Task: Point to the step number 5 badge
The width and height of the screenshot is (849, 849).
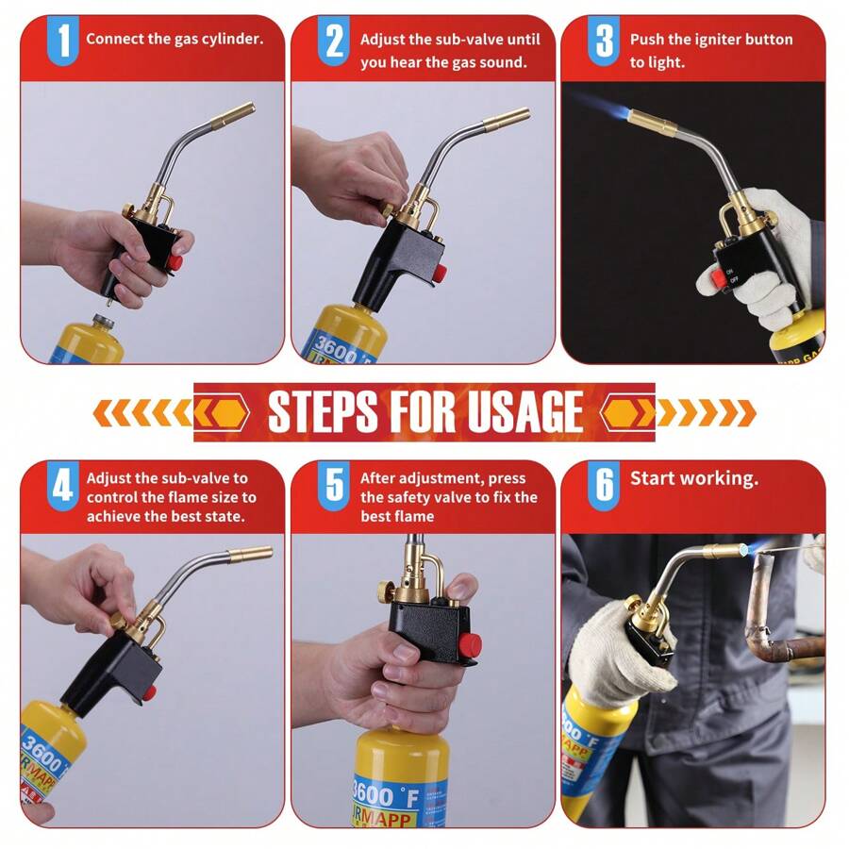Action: pos(333,487)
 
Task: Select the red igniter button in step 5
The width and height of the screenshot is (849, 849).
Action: pos(469,645)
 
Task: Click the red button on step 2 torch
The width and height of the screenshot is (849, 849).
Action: pos(440,274)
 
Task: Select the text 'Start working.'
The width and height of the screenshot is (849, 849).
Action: pos(693,478)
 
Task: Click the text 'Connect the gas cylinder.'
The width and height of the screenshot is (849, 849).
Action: pos(175,40)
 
